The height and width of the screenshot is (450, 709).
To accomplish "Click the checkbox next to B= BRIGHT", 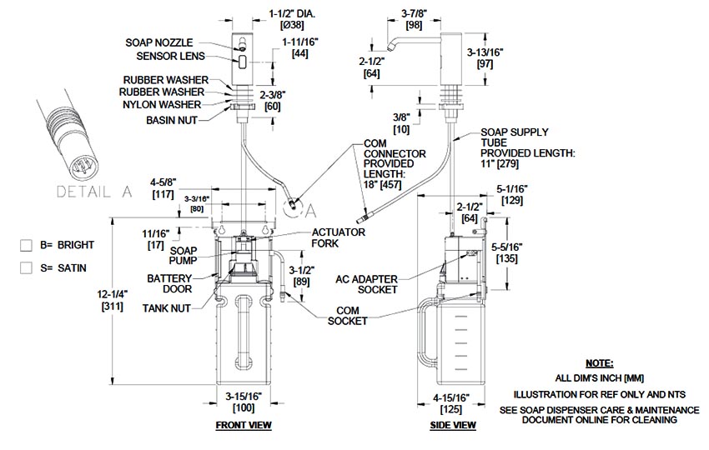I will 26,245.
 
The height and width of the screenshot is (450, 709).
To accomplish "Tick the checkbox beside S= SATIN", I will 26,267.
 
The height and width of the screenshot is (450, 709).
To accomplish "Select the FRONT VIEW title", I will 244,425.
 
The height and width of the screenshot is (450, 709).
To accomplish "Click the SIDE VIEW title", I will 454,425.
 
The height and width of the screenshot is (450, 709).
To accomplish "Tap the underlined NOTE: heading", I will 599,364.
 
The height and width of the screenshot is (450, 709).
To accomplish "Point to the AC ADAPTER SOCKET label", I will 368,283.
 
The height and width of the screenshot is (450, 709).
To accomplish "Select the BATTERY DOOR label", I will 170,283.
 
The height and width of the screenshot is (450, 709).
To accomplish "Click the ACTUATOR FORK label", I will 339,237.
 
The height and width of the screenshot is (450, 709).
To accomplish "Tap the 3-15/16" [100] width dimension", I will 244,402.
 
